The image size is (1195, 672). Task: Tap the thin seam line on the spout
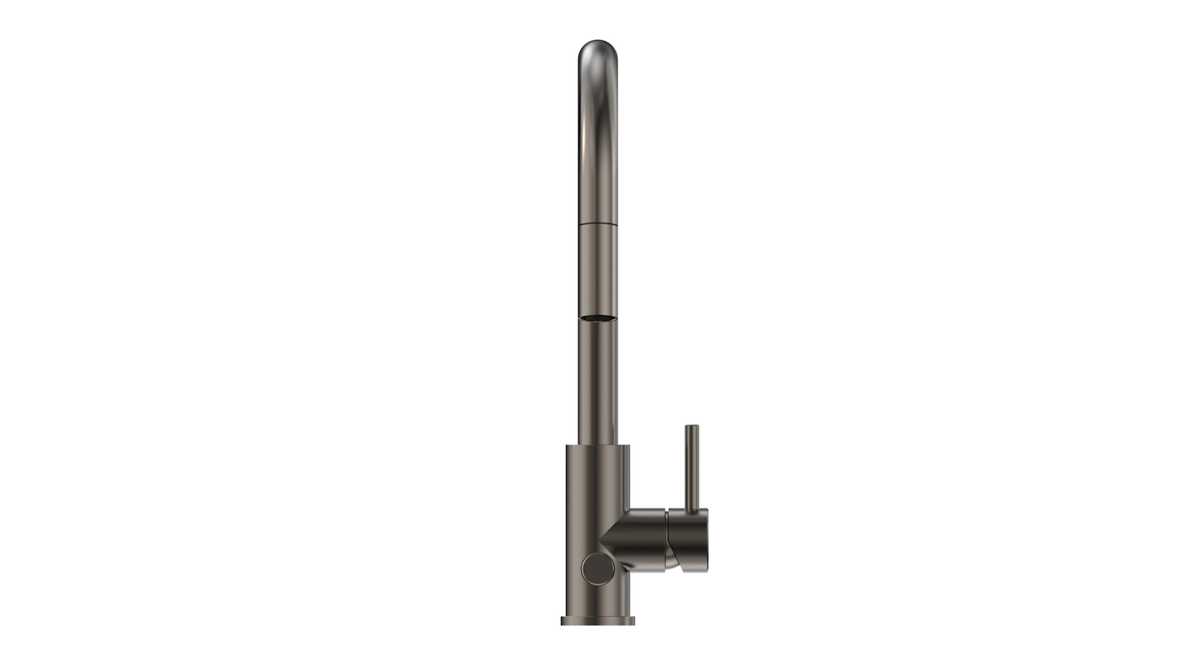point(597,224)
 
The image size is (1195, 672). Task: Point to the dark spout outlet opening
point(597,318)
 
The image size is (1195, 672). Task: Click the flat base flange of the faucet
point(597,620)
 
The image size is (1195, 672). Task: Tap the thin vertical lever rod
point(691,465)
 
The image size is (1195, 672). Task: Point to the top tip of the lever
point(691,427)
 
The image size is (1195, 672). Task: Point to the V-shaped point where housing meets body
point(602,543)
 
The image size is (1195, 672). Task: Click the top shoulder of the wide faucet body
point(597,447)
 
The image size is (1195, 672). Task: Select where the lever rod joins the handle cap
point(691,509)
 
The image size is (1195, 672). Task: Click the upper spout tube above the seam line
point(597,149)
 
